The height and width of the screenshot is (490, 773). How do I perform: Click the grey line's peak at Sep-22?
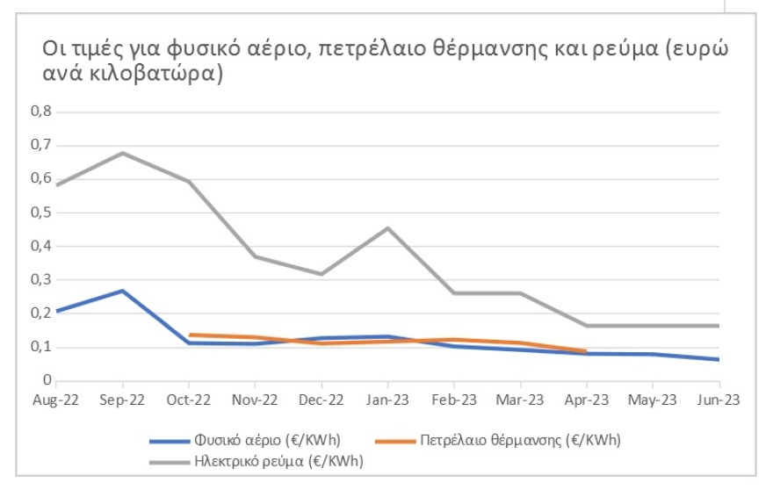(x=122, y=153)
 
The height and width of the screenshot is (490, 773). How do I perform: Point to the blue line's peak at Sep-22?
(x=122, y=291)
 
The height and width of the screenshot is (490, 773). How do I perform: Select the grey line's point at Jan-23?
(x=387, y=228)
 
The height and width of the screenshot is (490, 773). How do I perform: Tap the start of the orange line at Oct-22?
(x=189, y=335)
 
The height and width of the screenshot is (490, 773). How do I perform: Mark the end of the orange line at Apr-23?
(x=586, y=351)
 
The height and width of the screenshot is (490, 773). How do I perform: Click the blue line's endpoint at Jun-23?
(x=719, y=359)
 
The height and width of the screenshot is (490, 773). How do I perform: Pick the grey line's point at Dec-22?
(x=321, y=274)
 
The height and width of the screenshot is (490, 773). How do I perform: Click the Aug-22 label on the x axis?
(x=55, y=400)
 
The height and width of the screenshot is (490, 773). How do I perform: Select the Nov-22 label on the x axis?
(x=255, y=400)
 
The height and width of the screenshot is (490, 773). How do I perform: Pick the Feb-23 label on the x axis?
(x=453, y=400)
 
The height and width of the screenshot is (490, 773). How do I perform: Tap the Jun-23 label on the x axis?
(x=719, y=400)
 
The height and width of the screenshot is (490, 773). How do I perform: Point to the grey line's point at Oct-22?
(x=189, y=182)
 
